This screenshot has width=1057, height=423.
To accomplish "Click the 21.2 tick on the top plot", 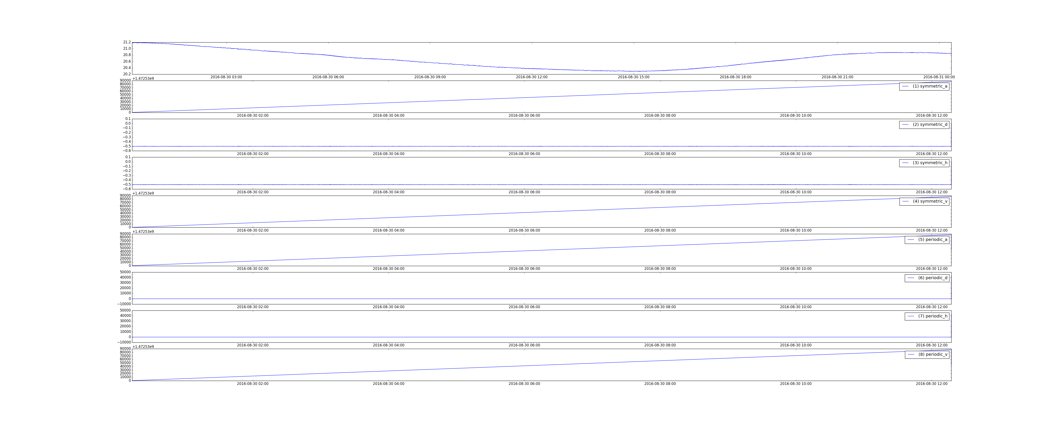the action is (x=127, y=42).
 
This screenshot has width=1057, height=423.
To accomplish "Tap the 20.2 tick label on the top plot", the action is (x=127, y=74).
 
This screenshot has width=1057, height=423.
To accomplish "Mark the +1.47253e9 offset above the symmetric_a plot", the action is (x=143, y=78).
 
